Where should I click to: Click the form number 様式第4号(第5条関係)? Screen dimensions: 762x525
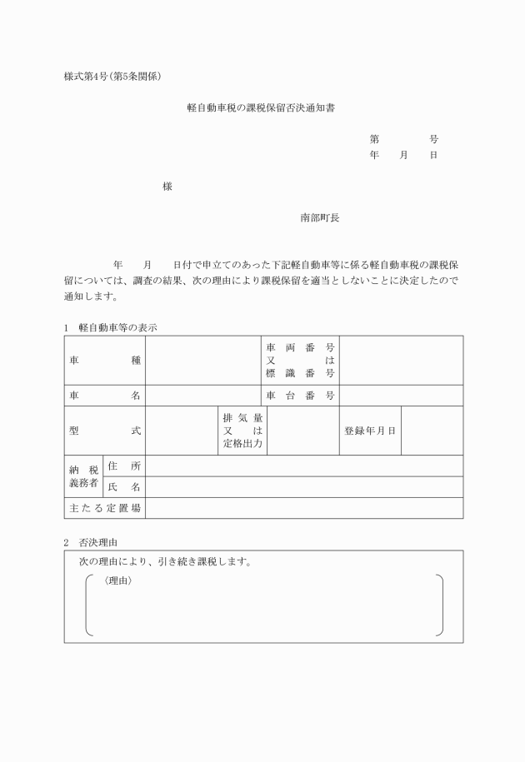click(x=112, y=77)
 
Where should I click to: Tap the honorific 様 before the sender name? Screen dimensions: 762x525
click(x=167, y=187)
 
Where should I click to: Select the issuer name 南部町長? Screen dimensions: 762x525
click(x=320, y=217)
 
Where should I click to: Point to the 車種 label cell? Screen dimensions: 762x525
click(x=105, y=361)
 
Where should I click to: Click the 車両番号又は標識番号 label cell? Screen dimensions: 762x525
click(x=300, y=361)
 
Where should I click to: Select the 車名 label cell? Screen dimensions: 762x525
click(x=105, y=396)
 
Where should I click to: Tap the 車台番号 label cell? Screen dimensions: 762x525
click(x=300, y=396)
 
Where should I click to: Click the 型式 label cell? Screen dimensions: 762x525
click(x=105, y=431)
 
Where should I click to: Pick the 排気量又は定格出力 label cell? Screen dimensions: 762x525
click(x=242, y=431)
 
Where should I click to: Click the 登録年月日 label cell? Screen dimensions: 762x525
click(x=369, y=431)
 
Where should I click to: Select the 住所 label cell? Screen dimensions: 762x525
click(x=123, y=466)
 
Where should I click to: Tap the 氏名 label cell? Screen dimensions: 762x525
click(x=123, y=487)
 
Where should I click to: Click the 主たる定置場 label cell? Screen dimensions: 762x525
click(x=105, y=508)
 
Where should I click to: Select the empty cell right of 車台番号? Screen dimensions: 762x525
click(x=401, y=396)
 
